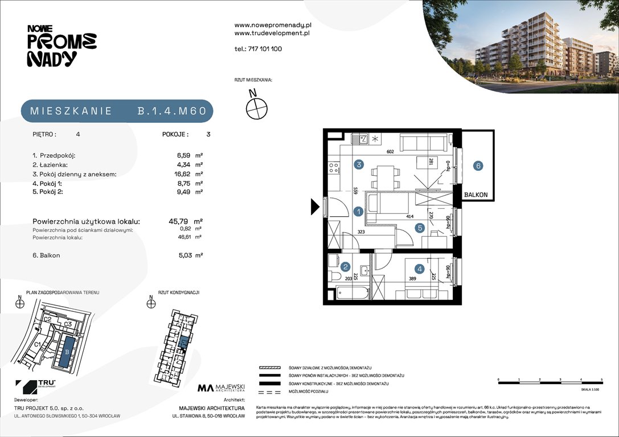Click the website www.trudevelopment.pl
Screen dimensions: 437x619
coord(272,34)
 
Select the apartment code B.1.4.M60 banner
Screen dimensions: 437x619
coord(117,111)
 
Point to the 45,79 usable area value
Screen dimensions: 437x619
coord(183,221)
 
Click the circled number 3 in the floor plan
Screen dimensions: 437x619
coord(359,165)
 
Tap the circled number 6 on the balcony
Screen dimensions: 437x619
coord(478,166)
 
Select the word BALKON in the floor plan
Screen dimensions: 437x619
coord(475,195)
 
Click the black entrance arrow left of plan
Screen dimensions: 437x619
coord(315,207)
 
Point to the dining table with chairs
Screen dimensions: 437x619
coord(385,176)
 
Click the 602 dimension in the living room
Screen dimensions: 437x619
coord(390,152)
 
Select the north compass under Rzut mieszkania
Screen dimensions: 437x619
coord(256,106)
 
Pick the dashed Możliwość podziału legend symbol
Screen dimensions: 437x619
coord(269,393)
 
